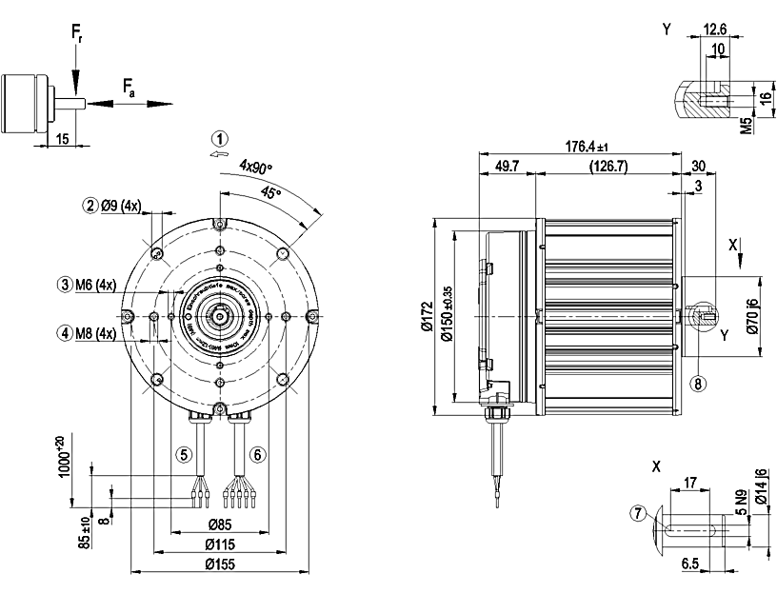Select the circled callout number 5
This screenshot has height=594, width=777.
coord(186,454)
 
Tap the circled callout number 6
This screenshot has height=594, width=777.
coord(257,454)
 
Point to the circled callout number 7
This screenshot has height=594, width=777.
coord(637,514)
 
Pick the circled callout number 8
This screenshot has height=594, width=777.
coord(698,384)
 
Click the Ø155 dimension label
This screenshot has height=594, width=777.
coord(220,565)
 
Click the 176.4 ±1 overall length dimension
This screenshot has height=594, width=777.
coord(587,147)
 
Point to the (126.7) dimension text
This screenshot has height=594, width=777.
coord(609,167)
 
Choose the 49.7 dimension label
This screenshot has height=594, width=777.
coord(508,167)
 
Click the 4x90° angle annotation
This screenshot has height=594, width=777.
coord(255,167)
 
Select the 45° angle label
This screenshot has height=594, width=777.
coord(271,192)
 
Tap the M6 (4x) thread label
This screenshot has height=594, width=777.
coord(95,285)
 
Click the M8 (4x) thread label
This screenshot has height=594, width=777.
coord(95,333)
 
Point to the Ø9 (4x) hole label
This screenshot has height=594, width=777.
coord(121,205)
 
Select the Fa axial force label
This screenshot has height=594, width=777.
coord(129,89)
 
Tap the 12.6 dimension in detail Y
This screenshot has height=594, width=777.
coord(714,30)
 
